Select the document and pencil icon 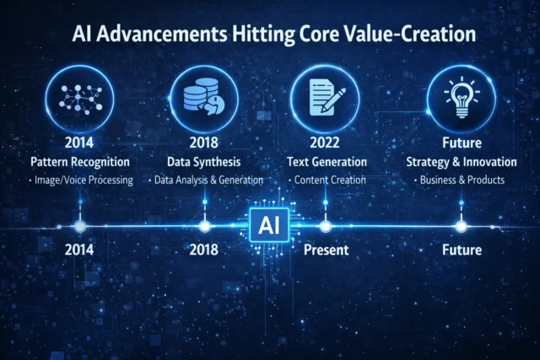[326, 97]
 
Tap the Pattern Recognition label [80, 160]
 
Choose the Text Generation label [326, 160]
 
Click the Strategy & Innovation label [461, 160]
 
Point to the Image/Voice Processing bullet [80, 180]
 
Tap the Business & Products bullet [461, 180]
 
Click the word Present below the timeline [325, 250]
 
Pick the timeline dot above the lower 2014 [80, 226]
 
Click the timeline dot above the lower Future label [461, 226]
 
